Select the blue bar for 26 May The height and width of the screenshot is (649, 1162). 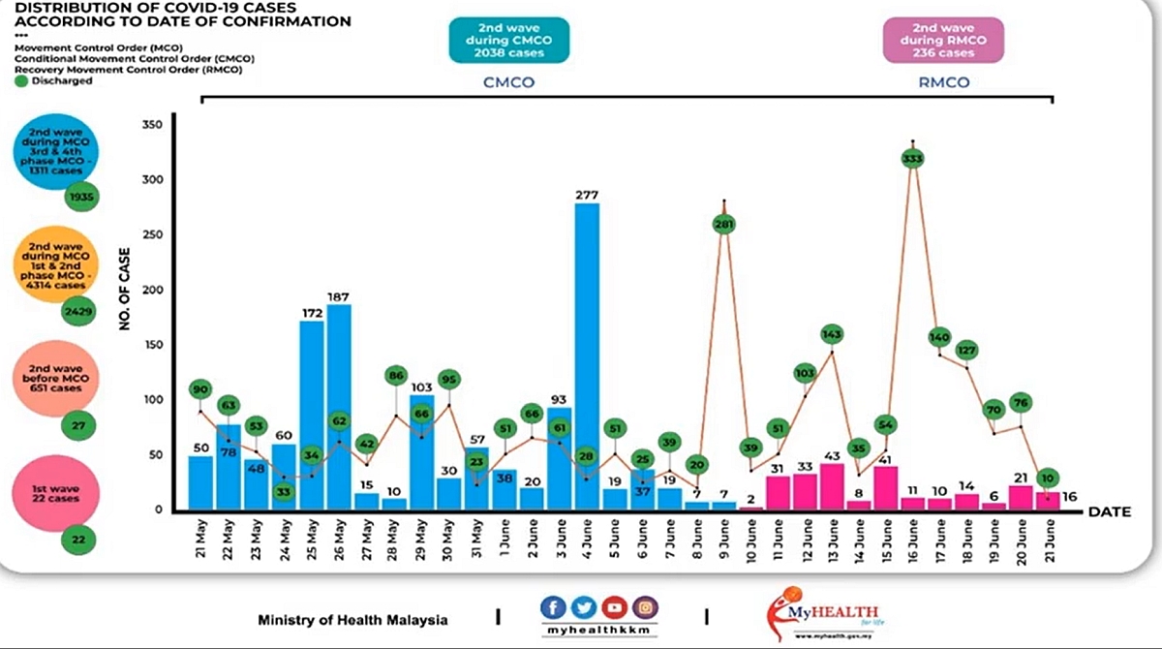(x=339, y=407)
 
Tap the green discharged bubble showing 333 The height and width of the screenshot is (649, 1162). (x=911, y=158)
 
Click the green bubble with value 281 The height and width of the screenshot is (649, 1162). (x=723, y=224)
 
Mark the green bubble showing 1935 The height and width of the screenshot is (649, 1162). (x=81, y=199)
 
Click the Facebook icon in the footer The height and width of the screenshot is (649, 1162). (x=554, y=608)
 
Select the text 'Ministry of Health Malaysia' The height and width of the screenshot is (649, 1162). (x=353, y=619)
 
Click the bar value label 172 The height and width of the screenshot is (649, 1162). (x=312, y=313)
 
